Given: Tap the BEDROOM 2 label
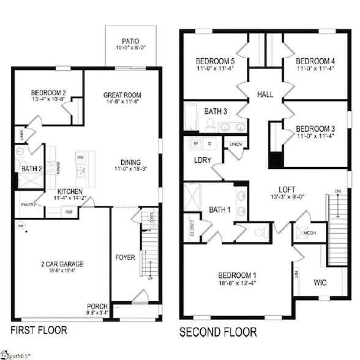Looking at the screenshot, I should point(48,94).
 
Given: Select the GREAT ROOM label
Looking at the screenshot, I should point(122,96).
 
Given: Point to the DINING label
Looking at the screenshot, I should point(130,161).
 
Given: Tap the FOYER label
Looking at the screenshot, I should point(125,257).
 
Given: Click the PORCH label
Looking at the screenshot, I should point(97,306).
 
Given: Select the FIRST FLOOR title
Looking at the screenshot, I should point(39,331).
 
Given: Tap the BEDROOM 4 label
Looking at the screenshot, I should point(316,61).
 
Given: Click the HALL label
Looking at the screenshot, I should point(265,95).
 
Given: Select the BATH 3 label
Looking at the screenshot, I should point(216,111).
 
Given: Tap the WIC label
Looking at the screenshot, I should point(320,283).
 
